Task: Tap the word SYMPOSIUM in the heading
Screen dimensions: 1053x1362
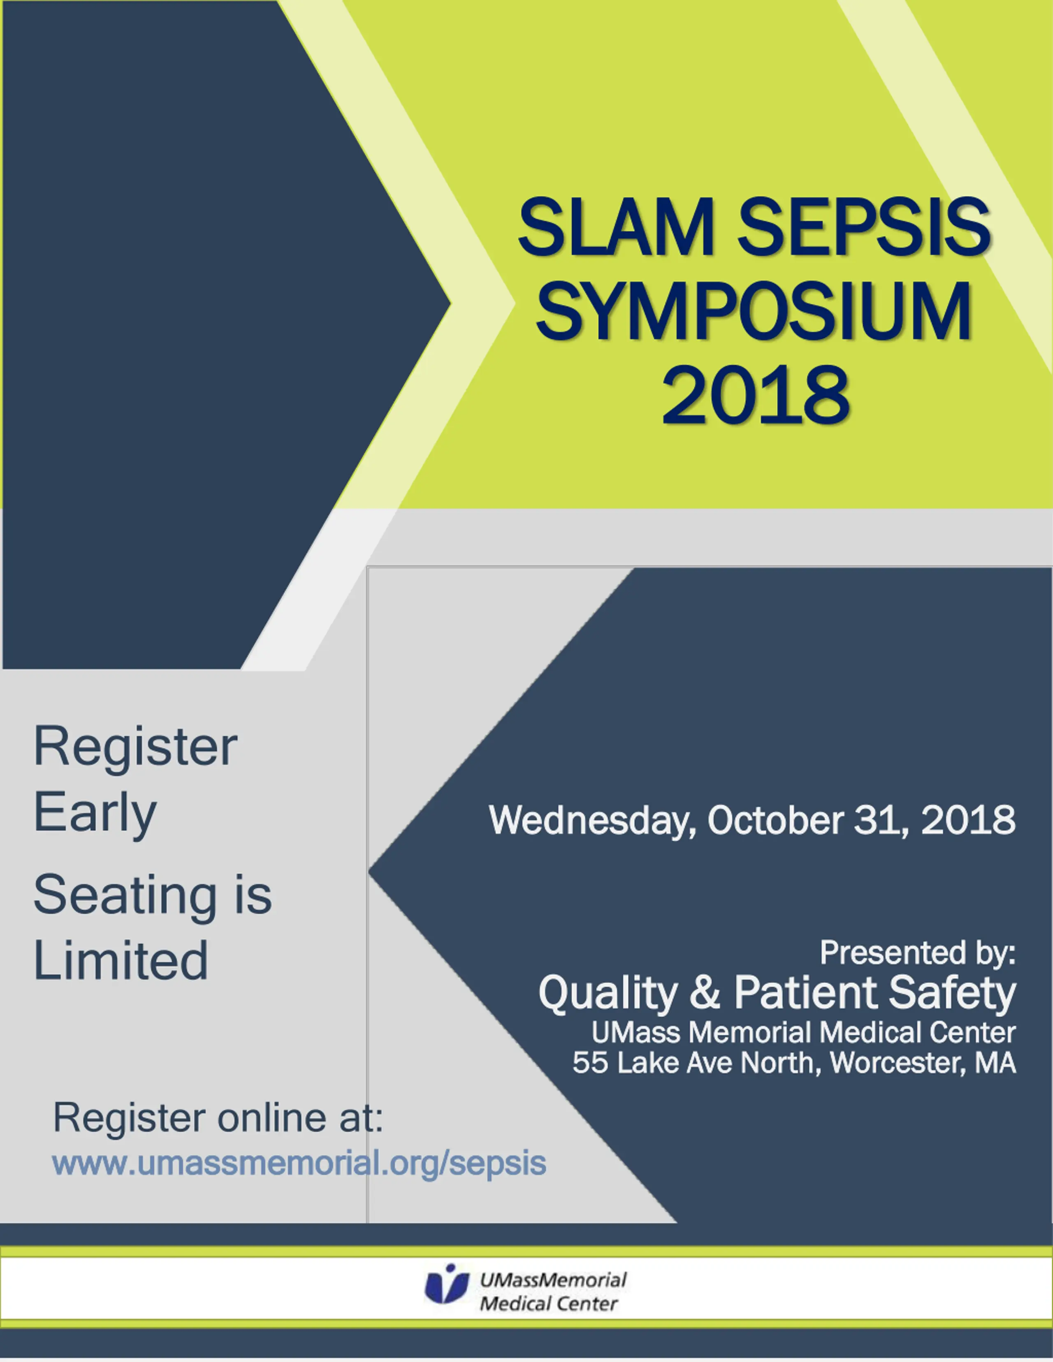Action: coord(753,311)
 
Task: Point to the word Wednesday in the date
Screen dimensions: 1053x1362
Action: coord(593,821)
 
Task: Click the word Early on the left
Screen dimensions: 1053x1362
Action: coord(95,813)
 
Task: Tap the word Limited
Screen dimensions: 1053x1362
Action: coord(121,960)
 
